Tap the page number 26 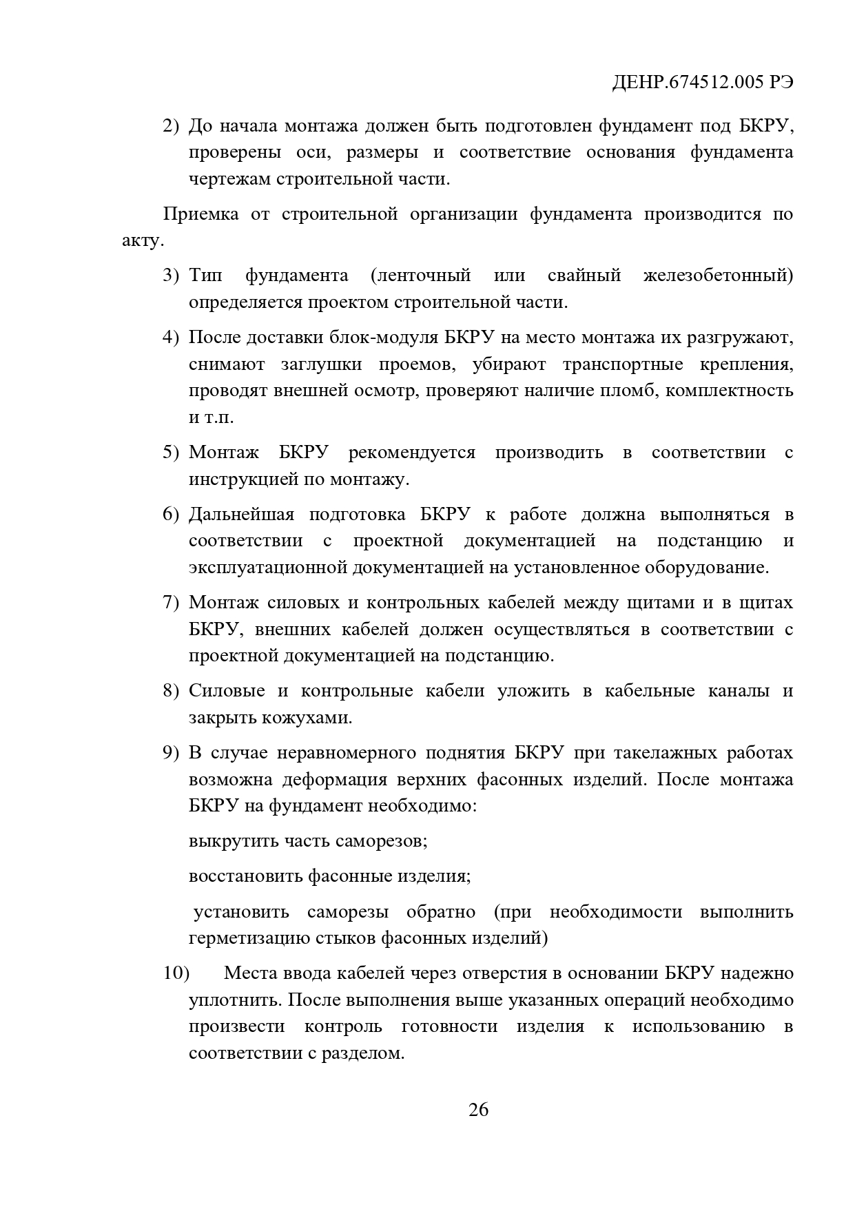point(478,1110)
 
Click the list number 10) point(176,973)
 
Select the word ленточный point(420,276)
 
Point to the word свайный point(584,276)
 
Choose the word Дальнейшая point(241,515)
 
